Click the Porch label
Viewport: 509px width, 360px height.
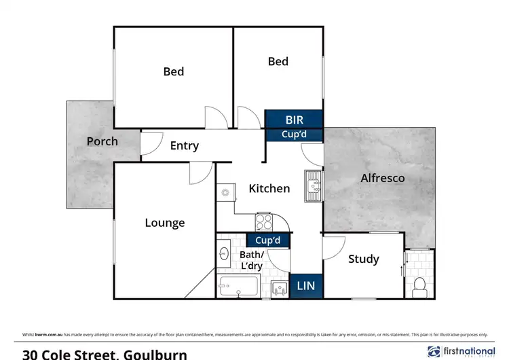click(x=102, y=141)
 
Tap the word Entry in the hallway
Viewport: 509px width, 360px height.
click(x=184, y=145)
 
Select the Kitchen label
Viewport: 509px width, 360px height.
click(x=269, y=188)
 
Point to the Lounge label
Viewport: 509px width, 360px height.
click(x=164, y=222)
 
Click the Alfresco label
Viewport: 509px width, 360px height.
click(x=383, y=178)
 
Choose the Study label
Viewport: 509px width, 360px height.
click(x=363, y=259)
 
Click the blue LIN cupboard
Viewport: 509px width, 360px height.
click(x=306, y=286)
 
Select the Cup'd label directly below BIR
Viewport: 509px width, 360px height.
click(x=293, y=134)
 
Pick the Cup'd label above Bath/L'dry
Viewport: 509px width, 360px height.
click(x=267, y=240)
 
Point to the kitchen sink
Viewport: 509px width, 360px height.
click(x=313, y=185)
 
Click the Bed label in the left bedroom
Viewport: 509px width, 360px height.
click(x=173, y=71)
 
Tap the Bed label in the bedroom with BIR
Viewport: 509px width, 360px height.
click(x=278, y=61)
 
